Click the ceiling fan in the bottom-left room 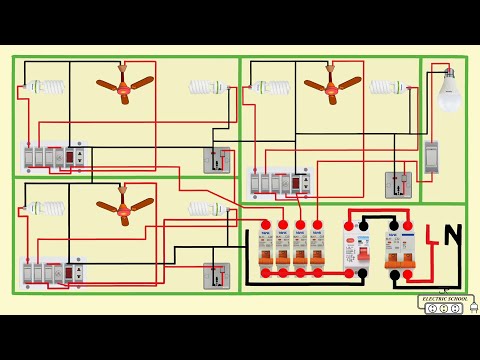pos(123,205)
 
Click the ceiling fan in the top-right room pos(330,85)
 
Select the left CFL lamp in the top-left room pos(44,87)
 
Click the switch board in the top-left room pos(56,156)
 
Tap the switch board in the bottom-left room pos(56,271)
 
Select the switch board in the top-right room pos(280,183)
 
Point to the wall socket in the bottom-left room pos(217,274)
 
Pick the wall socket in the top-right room pos(398,184)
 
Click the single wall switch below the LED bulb pos(432,156)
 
